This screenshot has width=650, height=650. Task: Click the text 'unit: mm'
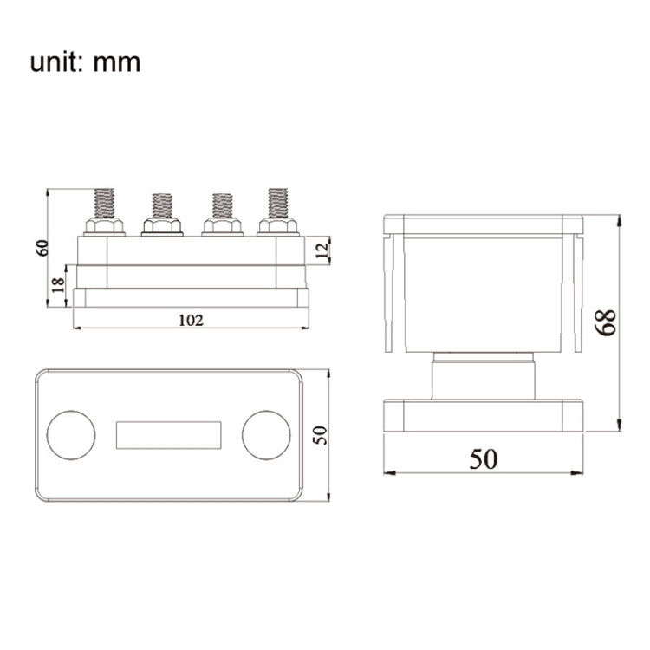(x=85, y=62)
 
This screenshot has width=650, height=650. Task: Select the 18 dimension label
(x=59, y=285)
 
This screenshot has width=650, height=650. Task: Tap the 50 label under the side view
(x=484, y=458)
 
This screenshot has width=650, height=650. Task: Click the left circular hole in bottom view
(x=71, y=435)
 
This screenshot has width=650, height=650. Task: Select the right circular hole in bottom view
(x=265, y=435)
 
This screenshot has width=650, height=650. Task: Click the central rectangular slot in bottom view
(x=168, y=435)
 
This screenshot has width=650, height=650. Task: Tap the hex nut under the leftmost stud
(x=104, y=227)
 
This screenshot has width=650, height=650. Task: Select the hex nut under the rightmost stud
(x=277, y=227)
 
